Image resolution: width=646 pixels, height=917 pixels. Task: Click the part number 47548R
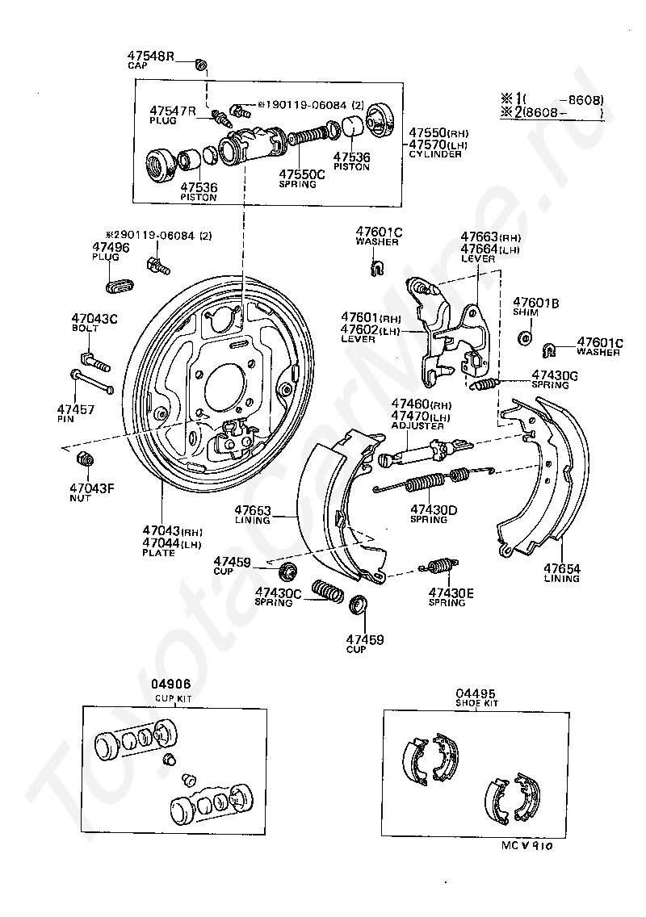150,57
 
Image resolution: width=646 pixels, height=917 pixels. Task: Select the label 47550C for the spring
303,173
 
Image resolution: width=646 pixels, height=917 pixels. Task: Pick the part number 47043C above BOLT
94,319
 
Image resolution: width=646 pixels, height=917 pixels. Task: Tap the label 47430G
555,375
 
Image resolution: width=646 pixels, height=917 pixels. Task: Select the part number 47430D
434,509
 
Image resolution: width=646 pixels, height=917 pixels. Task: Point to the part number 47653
254,510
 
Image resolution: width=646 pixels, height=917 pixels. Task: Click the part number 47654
561,568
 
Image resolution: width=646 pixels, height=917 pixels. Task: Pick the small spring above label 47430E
440,567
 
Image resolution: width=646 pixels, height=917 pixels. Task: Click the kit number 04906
171,684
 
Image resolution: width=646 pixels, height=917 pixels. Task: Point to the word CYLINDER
435,153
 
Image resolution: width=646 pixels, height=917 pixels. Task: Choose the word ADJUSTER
417,425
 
